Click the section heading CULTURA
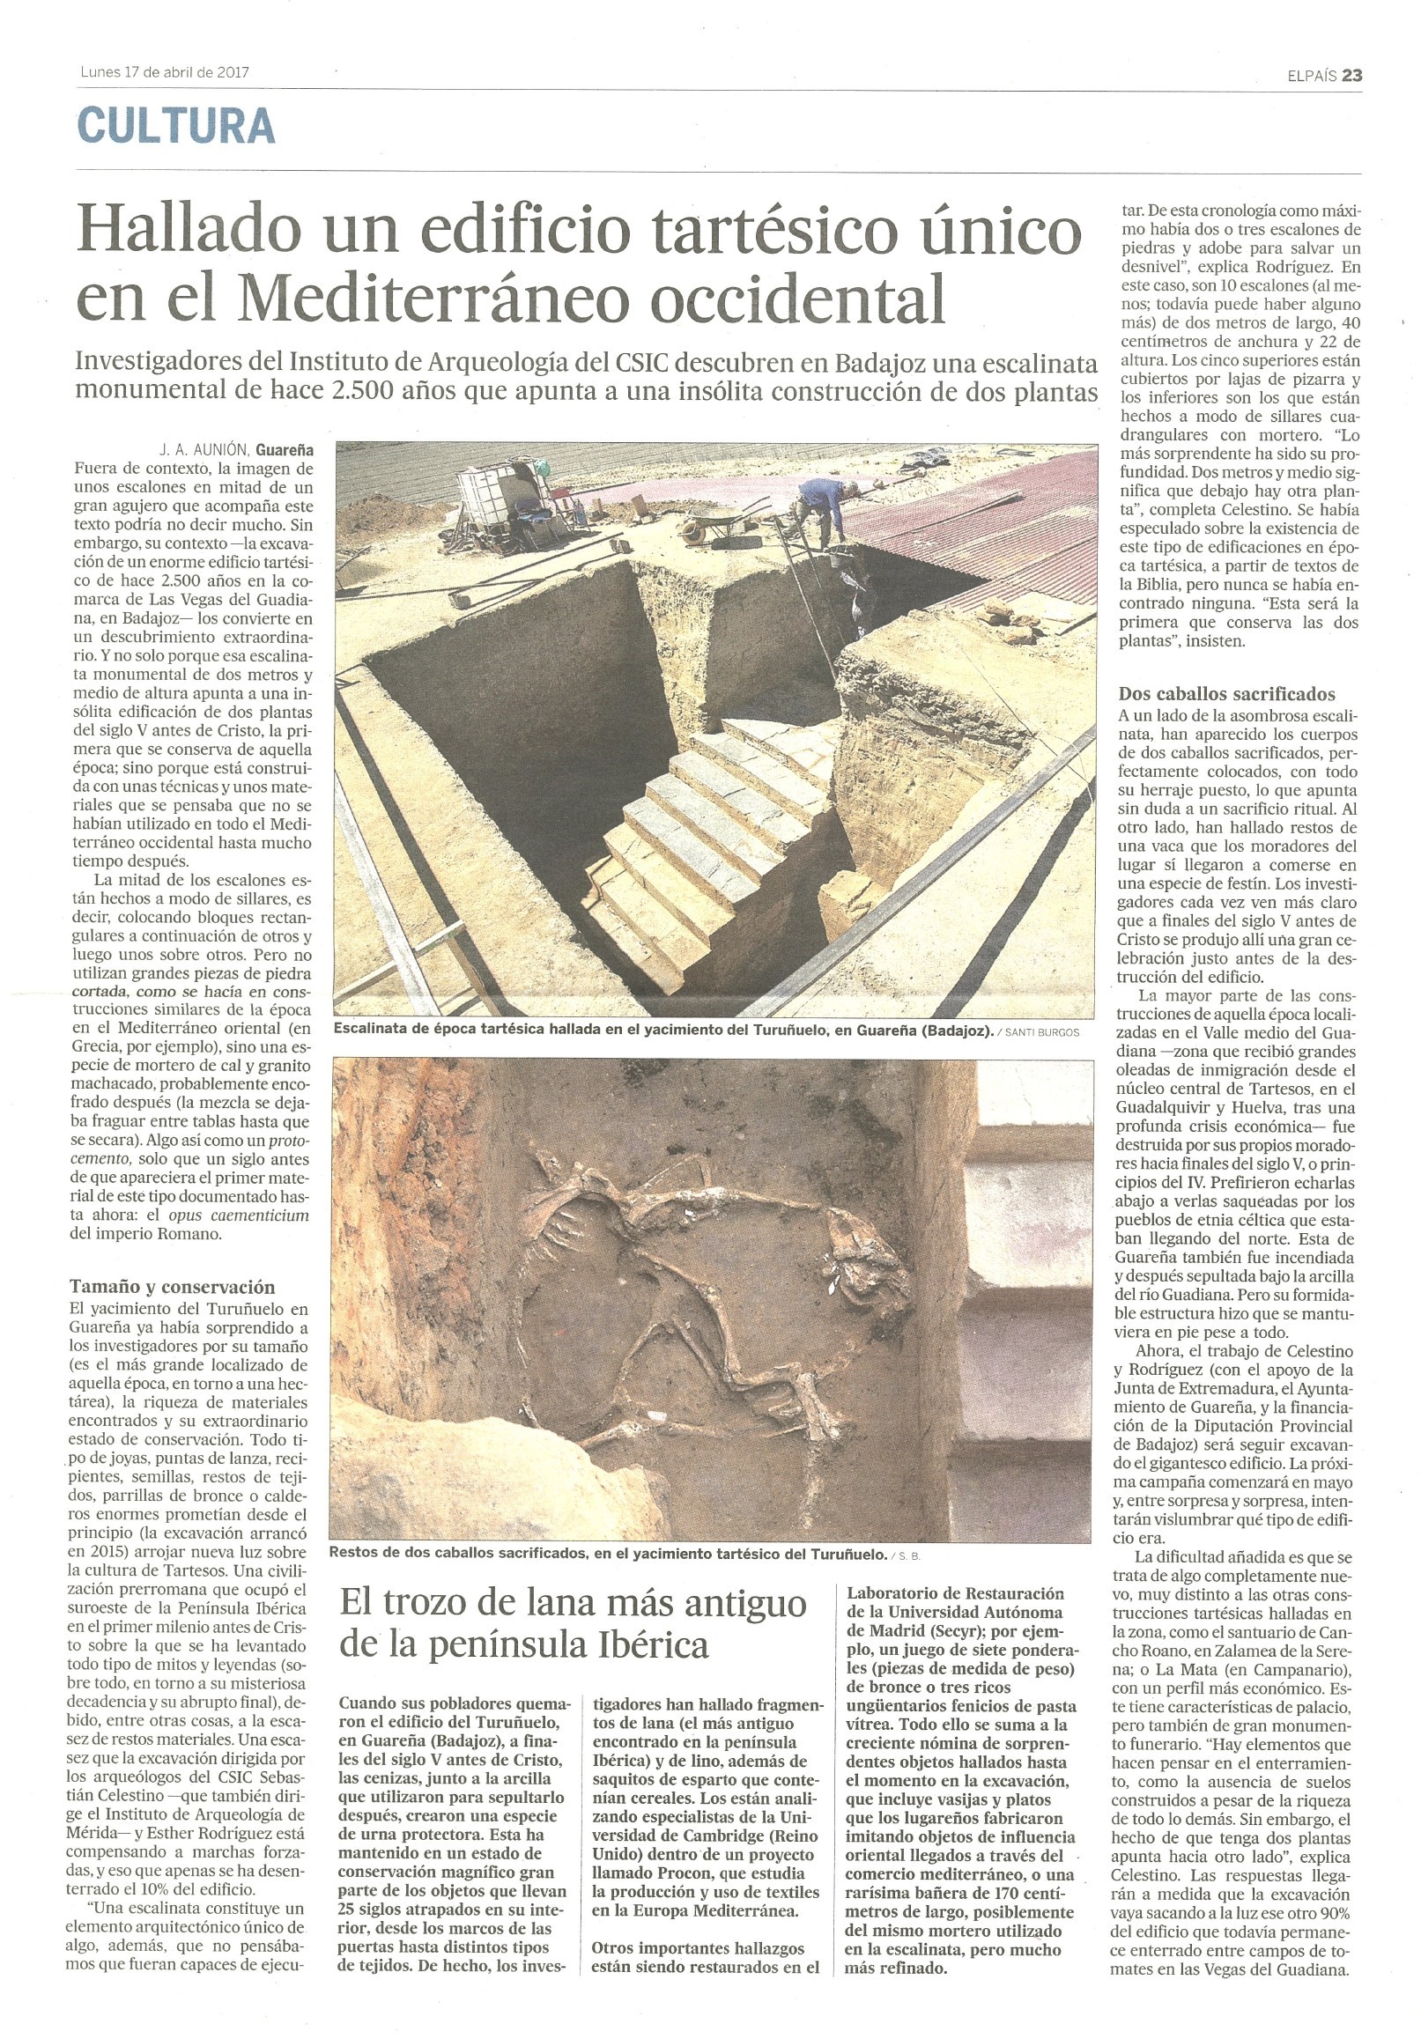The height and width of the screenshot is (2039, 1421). tap(176, 127)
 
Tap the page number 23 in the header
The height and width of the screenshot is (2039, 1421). tap(1351, 76)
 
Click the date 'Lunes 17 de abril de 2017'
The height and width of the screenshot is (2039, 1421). tap(165, 73)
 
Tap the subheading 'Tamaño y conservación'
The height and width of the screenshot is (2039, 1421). tap(173, 1286)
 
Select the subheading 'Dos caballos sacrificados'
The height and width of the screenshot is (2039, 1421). tap(1226, 693)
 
